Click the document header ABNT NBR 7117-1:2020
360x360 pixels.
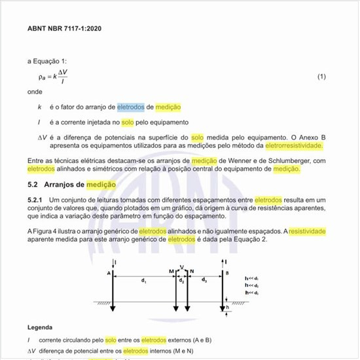64,29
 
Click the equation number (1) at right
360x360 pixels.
321,77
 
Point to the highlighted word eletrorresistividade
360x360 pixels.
294,145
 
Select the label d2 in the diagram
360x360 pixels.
181,281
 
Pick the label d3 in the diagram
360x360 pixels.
204,281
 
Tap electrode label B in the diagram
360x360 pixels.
227,272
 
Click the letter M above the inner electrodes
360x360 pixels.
171,271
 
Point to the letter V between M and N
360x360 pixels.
181,267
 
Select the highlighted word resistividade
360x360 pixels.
307,231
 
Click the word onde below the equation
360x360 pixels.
34,92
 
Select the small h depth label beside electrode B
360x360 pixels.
228,306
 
